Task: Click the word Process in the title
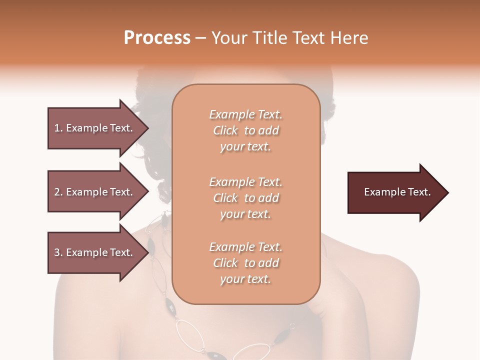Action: (157, 37)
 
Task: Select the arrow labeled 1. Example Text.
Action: (95, 128)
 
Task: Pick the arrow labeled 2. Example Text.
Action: (95, 192)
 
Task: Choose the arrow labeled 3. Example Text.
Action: (95, 252)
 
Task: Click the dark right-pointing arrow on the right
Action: (395, 192)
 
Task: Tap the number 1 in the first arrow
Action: (57, 128)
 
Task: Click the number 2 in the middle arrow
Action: (57, 192)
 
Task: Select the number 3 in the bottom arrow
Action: (57, 252)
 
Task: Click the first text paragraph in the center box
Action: (245, 130)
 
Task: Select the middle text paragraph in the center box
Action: (245, 198)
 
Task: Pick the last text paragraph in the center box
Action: (245, 263)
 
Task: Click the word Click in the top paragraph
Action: (225, 130)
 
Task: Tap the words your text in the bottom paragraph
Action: (245, 279)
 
